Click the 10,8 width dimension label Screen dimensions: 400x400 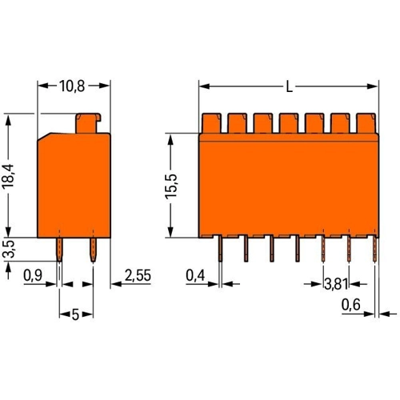72,86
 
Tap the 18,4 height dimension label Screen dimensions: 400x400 8,177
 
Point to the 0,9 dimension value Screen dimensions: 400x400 33,275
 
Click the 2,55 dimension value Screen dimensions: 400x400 138,275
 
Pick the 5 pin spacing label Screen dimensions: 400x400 75,315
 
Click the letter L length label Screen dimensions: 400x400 290,86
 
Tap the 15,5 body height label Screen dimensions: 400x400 171,186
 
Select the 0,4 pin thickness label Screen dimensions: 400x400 195,275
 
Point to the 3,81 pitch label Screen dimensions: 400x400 336,284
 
